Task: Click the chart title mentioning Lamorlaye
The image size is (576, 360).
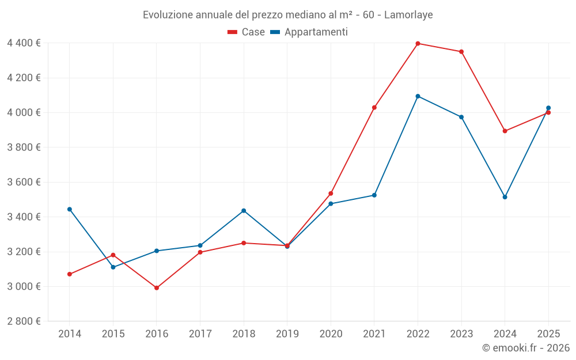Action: (x=287, y=14)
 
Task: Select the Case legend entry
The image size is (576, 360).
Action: (x=247, y=32)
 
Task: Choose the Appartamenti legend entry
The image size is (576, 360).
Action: (x=309, y=32)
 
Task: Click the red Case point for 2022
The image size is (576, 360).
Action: (x=418, y=43)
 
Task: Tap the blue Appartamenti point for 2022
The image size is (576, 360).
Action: (x=418, y=96)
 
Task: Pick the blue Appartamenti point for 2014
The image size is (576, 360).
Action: (x=70, y=209)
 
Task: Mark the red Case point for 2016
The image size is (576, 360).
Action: (x=157, y=288)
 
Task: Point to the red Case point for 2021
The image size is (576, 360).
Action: (x=374, y=108)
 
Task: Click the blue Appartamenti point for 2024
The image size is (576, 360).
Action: (x=505, y=197)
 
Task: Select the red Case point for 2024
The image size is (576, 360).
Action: (x=505, y=131)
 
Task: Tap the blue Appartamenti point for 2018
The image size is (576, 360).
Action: (x=244, y=211)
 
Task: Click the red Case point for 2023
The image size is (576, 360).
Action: (x=461, y=52)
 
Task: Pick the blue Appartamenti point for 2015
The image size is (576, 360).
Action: (x=113, y=267)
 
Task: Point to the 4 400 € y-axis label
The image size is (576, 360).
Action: (x=24, y=43)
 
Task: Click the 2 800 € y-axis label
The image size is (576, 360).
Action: (x=24, y=321)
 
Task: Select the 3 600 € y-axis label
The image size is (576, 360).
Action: (x=24, y=182)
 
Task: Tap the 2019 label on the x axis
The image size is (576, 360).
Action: (x=287, y=334)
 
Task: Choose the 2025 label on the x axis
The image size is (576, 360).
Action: (x=548, y=334)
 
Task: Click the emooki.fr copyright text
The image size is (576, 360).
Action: (x=525, y=348)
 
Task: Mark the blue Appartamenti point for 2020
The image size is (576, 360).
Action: (x=331, y=204)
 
